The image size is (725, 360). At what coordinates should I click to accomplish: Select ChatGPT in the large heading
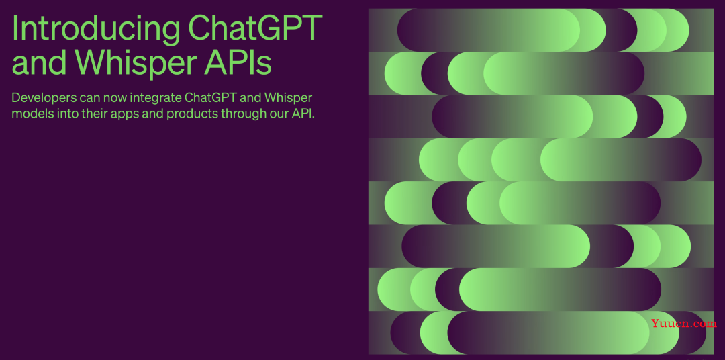[255, 28]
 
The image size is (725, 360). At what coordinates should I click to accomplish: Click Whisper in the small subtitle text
[287, 99]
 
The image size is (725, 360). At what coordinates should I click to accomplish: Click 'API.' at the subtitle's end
[303, 114]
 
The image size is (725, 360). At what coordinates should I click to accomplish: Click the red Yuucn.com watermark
[684, 324]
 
